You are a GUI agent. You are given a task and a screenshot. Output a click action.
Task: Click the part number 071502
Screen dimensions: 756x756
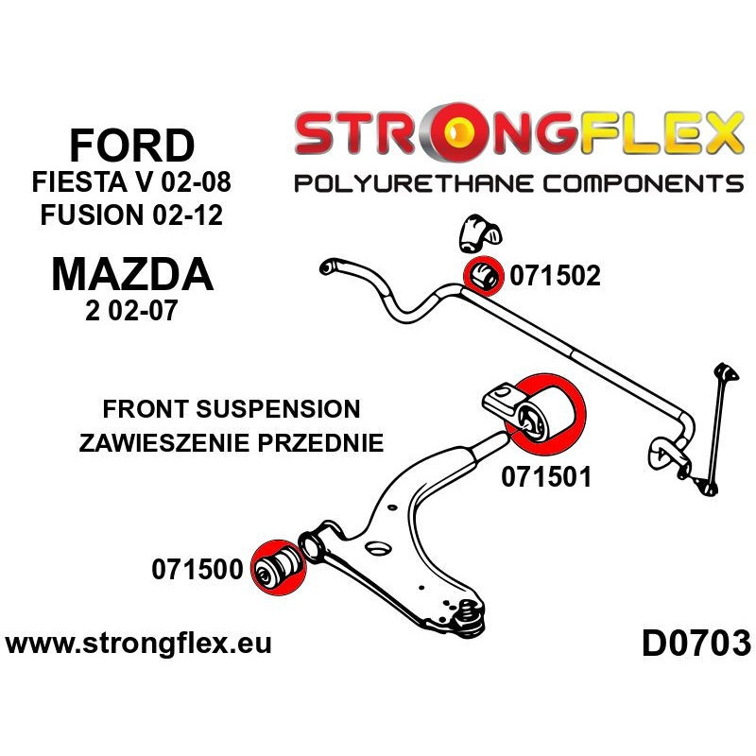(555, 276)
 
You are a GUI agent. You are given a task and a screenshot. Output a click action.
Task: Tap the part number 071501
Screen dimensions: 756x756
(546, 477)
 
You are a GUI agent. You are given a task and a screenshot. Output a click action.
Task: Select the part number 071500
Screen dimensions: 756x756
(198, 570)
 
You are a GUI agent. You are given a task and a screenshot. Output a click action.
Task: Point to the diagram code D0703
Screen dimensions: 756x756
(696, 644)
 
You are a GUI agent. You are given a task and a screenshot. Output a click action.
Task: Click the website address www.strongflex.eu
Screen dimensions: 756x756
(138, 644)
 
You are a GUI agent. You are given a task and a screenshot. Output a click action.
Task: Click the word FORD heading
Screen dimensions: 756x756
(132, 146)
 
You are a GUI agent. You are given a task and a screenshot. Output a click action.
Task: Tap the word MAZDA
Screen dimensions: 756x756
(132, 275)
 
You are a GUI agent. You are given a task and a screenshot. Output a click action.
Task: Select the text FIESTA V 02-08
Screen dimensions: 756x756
(131, 182)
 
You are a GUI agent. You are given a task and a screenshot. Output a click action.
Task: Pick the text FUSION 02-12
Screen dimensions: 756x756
(131, 215)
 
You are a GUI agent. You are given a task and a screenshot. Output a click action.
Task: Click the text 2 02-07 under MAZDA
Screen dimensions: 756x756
(131, 310)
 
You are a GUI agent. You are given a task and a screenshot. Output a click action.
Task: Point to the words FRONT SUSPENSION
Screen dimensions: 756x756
(232, 409)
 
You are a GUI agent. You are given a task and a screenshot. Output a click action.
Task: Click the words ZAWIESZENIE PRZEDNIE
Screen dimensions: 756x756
(232, 442)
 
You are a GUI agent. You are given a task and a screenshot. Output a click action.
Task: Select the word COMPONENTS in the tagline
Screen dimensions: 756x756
(643, 183)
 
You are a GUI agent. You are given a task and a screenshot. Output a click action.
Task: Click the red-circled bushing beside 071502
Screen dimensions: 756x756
(483, 276)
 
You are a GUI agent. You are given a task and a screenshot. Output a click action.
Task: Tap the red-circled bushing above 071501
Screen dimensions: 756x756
(546, 415)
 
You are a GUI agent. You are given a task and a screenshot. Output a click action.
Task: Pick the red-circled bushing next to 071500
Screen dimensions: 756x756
(279, 568)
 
